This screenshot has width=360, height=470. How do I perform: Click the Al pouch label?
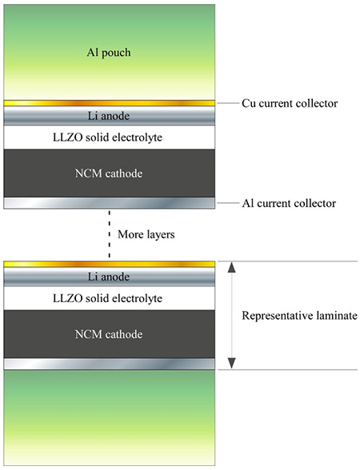109,53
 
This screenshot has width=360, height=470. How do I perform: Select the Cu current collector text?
290,103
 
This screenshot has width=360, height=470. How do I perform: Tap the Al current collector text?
290,203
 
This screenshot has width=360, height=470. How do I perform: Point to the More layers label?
146,234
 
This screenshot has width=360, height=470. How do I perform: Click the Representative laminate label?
300,315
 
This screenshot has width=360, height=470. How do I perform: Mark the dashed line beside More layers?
109,233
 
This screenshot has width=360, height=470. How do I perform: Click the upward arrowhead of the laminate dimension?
231,267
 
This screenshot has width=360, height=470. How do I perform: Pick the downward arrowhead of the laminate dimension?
231,363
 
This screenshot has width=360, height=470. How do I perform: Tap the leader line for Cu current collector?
228,103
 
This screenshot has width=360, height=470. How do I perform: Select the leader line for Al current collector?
228,203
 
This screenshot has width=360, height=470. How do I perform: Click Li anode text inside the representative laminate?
109,277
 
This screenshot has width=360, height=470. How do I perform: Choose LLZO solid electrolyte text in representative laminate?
108,298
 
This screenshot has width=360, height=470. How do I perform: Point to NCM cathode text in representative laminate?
109,334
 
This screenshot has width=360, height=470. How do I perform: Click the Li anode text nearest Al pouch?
109,116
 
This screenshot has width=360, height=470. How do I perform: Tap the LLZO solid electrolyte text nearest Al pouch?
108,137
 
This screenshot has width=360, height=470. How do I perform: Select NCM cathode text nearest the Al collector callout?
109,173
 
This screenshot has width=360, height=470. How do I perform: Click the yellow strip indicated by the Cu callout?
109,103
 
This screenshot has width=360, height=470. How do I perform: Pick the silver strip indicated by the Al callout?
109,203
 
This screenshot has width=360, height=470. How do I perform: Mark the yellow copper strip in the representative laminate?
109,264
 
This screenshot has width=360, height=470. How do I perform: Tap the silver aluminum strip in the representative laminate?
109,364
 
